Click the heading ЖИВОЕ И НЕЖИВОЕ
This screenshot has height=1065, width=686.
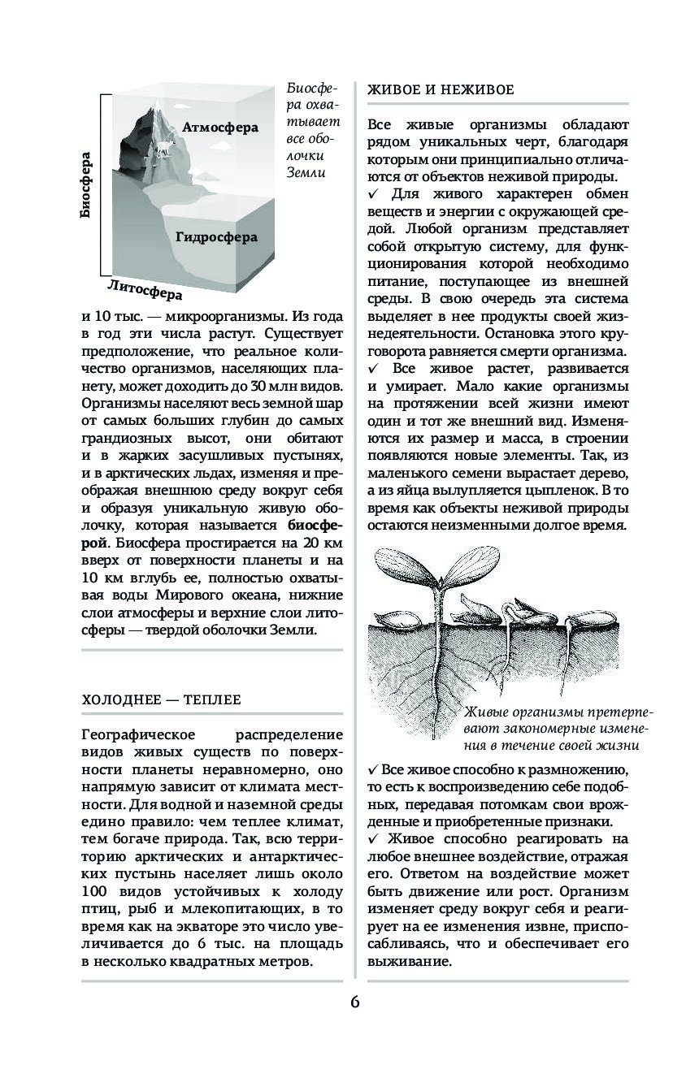point(441,89)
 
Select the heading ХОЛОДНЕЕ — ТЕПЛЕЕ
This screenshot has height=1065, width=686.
point(162,699)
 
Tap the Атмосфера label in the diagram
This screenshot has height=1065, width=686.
point(219,128)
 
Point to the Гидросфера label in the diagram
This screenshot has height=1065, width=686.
point(215,238)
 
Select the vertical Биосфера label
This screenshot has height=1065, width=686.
point(86,186)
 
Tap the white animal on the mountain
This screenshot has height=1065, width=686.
point(165,147)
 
